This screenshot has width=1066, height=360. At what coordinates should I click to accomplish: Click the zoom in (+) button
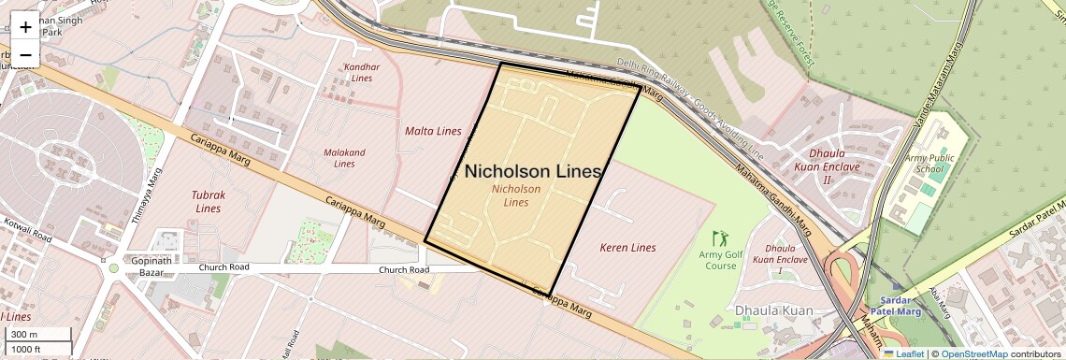tap(25, 27)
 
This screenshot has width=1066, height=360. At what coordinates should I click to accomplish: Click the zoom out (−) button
tap(25, 54)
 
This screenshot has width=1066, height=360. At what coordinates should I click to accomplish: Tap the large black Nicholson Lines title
tap(532, 171)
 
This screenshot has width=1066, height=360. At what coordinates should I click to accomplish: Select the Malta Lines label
tap(433, 131)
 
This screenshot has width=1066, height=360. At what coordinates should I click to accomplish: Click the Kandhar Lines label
tap(362, 73)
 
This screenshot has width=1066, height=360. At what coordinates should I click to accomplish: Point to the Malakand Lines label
tap(344, 158)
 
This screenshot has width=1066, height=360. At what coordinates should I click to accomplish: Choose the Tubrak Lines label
tap(209, 202)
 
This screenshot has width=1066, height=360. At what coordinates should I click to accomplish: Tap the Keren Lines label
tap(627, 248)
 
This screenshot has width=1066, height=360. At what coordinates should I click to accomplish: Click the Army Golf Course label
tap(718, 260)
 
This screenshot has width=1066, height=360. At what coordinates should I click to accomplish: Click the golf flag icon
tap(718, 238)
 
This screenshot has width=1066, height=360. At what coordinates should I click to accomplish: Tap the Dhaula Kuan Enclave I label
tap(780, 259)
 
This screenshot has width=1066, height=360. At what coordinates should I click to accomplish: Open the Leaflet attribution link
tap(904, 353)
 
